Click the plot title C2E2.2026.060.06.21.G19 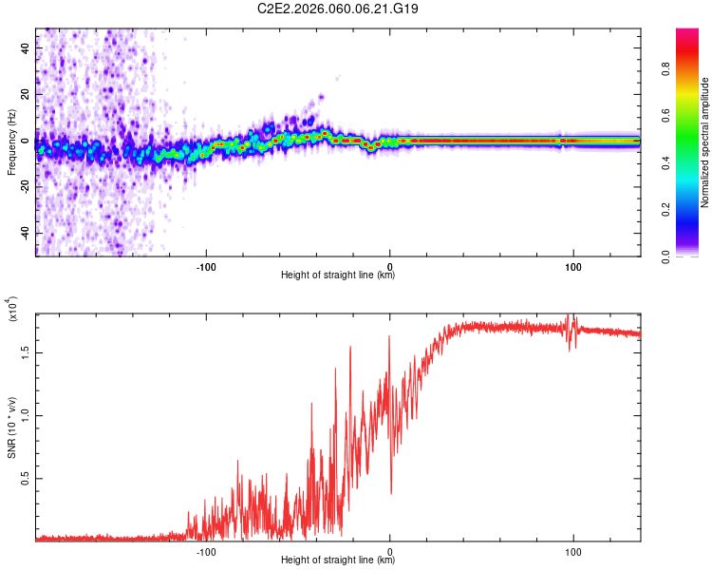tap(337, 9)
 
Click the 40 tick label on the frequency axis tap(25, 48)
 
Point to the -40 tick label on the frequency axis tap(25, 233)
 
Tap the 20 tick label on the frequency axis tap(25, 94)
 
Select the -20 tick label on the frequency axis tap(25, 187)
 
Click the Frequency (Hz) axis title tap(11, 142)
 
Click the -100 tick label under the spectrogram tap(206, 267)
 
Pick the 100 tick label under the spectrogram tap(573, 267)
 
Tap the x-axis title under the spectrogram tap(338, 275)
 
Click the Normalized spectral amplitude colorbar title tap(704, 142)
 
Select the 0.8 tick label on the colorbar tap(665, 69)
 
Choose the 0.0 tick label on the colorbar tap(665, 256)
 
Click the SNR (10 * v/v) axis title tap(11, 427)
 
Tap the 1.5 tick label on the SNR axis tap(25, 352)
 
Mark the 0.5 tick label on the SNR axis tap(25, 478)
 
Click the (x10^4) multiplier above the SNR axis tap(12, 309)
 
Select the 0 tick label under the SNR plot tap(389, 552)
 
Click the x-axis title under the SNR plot tap(338, 560)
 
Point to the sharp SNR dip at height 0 tap(391, 493)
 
